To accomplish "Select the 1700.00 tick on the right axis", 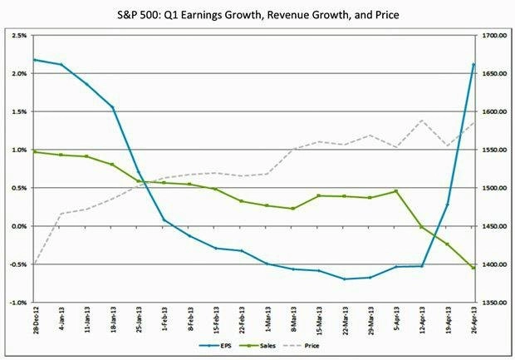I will pyautogui.click(x=493, y=36).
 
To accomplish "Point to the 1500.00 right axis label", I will pyautogui.click(x=493, y=188).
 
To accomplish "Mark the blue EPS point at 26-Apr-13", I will pyautogui.click(x=473, y=64).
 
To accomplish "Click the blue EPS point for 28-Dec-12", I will pyautogui.click(x=34, y=60).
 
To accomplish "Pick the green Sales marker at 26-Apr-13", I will pyautogui.click(x=473, y=268).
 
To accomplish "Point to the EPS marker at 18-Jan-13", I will pyautogui.click(x=112, y=107).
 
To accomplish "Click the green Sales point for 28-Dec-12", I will pyautogui.click(x=34, y=151).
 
